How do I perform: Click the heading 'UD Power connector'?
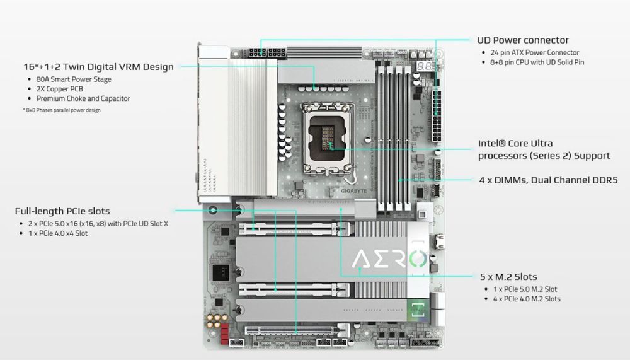(x=523, y=40)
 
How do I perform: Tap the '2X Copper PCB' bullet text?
(x=60, y=89)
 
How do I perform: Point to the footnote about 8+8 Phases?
(x=61, y=110)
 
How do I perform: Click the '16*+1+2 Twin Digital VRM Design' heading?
(x=98, y=66)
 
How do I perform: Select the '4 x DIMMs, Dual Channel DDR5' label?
(x=548, y=180)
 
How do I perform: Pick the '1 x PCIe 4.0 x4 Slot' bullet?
(x=57, y=233)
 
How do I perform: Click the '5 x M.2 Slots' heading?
(x=508, y=277)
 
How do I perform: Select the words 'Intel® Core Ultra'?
(x=515, y=144)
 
